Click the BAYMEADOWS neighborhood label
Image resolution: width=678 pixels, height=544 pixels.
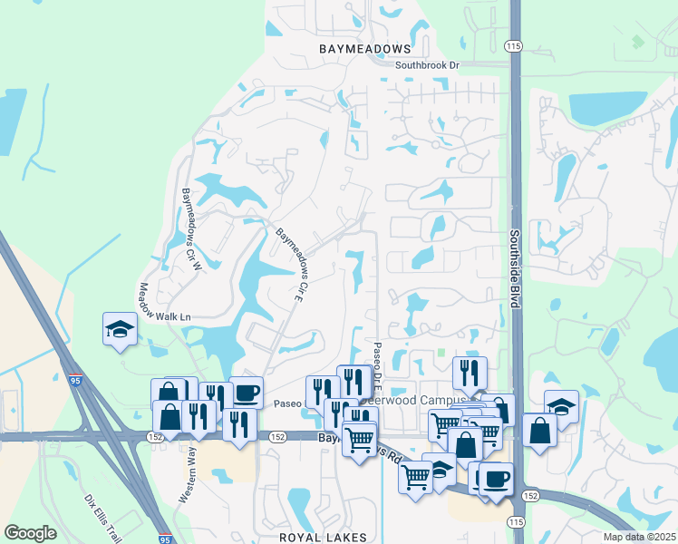click(365, 48)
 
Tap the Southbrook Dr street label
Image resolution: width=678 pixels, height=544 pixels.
click(428, 66)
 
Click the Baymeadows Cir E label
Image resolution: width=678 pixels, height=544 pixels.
click(288, 264)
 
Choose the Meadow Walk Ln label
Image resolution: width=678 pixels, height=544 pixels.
click(164, 305)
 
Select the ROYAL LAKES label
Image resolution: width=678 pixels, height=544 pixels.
click(323, 537)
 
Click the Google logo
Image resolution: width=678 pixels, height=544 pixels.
click(30, 533)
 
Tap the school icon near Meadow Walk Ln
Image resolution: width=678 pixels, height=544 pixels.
click(120, 329)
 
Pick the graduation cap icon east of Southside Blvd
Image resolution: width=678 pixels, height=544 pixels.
click(561, 407)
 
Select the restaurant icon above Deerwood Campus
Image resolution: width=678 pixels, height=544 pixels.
click(470, 373)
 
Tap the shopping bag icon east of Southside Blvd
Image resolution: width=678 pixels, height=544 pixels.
click(539, 431)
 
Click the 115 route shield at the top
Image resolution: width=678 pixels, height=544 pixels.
click(515, 45)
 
